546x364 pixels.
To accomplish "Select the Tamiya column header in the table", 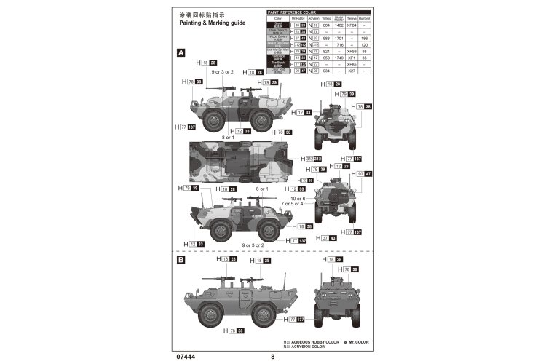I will pos(352,18).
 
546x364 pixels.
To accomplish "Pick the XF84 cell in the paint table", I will pos(352,25).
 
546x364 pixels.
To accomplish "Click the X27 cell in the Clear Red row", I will pos(352,71).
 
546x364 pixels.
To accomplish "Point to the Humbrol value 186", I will pos(364,38).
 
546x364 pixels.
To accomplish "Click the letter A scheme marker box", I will pos(181,53).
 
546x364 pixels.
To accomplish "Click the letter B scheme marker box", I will pos(181,259).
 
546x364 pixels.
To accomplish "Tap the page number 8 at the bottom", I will pos(272,357).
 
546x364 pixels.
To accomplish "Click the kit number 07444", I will pos(185,357).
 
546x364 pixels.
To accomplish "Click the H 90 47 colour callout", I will pos(362,174).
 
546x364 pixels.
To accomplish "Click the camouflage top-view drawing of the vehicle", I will pos(243,159).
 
